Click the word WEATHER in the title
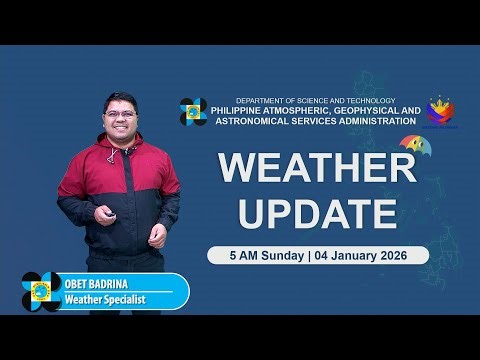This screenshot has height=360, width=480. pos(317,168)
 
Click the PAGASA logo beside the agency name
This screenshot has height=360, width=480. pos(193,112)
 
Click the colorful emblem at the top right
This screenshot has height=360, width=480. pos(440,110)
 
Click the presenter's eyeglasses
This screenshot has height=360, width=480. pos(119,113)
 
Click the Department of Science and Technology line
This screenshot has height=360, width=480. pos(316,100)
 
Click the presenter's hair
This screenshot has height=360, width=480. pos(119,97)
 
